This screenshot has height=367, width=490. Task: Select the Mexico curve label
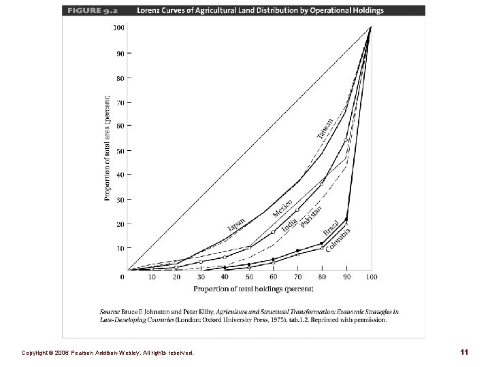282,208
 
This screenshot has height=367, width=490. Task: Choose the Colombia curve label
338,240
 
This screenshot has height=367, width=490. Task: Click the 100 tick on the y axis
118,28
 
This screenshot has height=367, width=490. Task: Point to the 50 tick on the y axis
120,150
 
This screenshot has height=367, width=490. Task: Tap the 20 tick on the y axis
120,224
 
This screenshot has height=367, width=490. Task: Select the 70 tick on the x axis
298,277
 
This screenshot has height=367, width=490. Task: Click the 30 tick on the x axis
201,277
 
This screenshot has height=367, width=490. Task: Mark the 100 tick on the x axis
371,277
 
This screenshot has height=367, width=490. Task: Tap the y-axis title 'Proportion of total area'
107,147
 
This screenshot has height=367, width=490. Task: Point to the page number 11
463,352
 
